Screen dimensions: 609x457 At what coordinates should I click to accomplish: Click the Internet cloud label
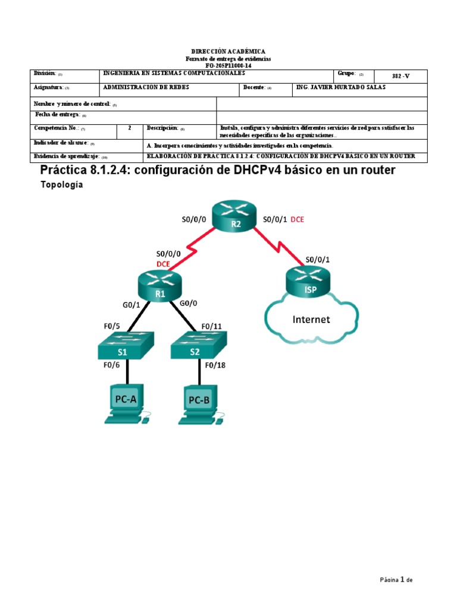(x=311, y=319)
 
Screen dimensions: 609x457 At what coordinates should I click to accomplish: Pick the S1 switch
(x=126, y=346)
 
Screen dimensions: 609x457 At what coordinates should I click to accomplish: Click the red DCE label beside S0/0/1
(x=297, y=219)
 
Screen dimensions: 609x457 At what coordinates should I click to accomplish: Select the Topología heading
(x=61, y=185)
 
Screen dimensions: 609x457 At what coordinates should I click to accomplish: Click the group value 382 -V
(x=400, y=76)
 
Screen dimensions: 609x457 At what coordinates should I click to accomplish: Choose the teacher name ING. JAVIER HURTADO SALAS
(x=340, y=87)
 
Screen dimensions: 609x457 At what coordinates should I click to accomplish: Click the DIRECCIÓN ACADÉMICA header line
(x=228, y=52)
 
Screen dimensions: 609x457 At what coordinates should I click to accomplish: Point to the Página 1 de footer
(x=396, y=580)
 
